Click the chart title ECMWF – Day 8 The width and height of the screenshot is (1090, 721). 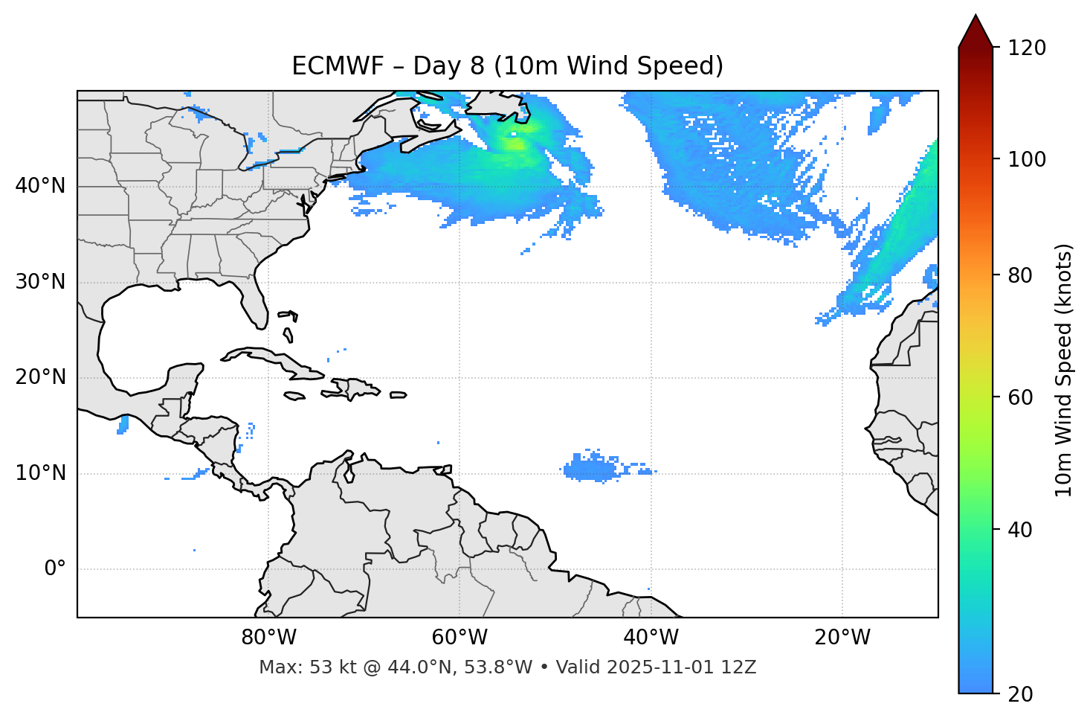click(507, 66)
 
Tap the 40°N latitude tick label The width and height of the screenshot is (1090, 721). click(40, 186)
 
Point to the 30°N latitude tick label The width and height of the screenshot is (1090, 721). click(40, 282)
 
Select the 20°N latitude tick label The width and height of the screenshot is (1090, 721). click(40, 377)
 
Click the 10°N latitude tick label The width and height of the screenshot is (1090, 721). click(40, 473)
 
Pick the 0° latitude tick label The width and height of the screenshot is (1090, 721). click(54, 569)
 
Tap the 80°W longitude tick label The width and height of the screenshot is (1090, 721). click(268, 638)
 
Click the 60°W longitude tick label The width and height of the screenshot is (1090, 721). click(459, 638)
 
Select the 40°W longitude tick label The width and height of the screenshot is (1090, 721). click(651, 638)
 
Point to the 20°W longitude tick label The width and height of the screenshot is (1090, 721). click(842, 638)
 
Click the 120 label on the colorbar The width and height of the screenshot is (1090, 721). click(1027, 48)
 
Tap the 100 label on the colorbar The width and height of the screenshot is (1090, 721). click(1027, 159)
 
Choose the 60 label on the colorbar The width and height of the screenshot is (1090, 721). click(1021, 397)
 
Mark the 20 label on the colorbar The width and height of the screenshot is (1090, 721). click(1021, 694)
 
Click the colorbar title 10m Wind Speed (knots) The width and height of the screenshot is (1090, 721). click(1064, 370)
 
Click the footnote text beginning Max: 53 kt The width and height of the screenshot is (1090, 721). click(507, 667)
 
